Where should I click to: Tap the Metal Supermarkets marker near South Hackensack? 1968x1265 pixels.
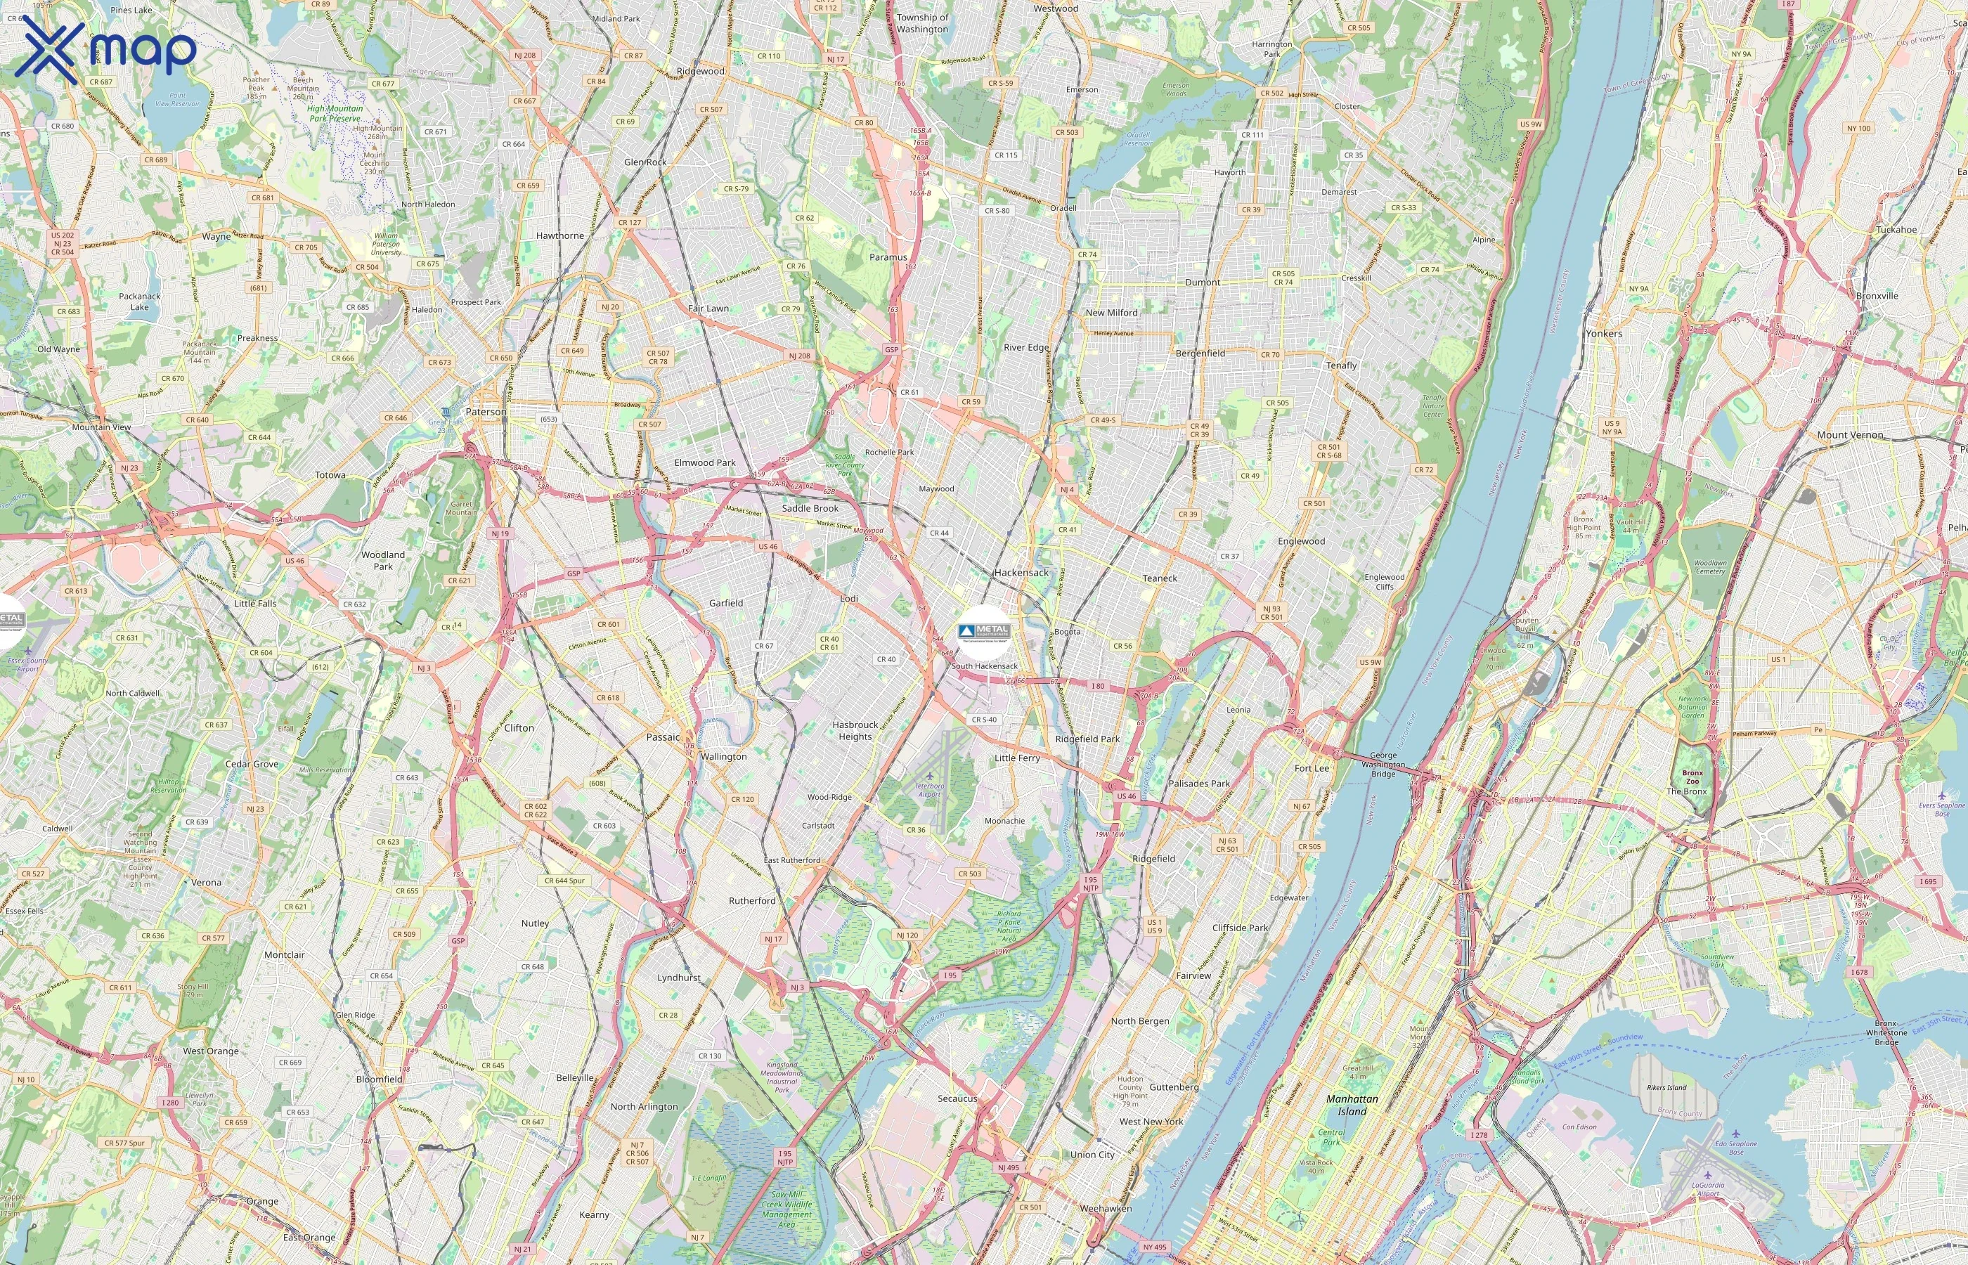(x=983, y=631)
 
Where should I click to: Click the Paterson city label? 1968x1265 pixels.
(x=486, y=412)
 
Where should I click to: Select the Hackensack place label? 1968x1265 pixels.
(x=1021, y=573)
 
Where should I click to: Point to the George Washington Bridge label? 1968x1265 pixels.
(x=1383, y=764)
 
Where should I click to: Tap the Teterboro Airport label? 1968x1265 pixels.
(x=929, y=789)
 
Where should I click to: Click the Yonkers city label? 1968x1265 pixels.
(x=1603, y=334)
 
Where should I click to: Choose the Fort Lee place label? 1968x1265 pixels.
(x=1311, y=768)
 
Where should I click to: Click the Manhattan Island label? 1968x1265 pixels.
(x=1352, y=1105)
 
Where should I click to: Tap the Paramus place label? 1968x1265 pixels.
(x=888, y=257)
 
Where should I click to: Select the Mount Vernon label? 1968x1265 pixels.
(x=1850, y=434)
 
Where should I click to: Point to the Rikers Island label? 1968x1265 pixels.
(x=1666, y=1088)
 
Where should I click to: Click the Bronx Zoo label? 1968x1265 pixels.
(x=1692, y=777)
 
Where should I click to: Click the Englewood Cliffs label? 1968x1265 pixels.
(x=1384, y=582)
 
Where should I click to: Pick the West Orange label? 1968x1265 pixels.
(x=210, y=1051)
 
